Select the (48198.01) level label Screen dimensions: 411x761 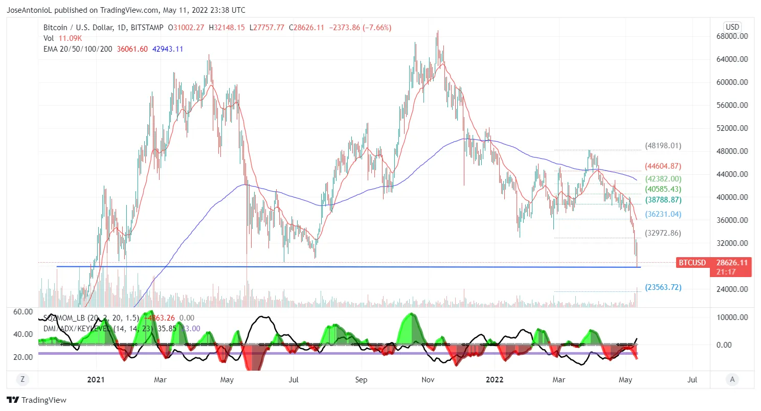[663, 146]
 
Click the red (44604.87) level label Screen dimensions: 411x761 [663, 166]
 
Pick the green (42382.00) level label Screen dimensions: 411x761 [663, 179]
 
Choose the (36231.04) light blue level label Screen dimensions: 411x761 [663, 214]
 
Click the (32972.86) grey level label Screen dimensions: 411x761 [663, 233]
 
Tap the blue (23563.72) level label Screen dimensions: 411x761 [663, 287]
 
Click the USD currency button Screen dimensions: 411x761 [733, 27]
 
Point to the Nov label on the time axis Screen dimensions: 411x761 [428, 379]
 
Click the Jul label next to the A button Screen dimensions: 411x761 [692, 379]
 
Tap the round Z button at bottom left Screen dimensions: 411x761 [22, 379]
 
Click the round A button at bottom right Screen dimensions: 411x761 [732, 379]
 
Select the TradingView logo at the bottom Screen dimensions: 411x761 [36, 400]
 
